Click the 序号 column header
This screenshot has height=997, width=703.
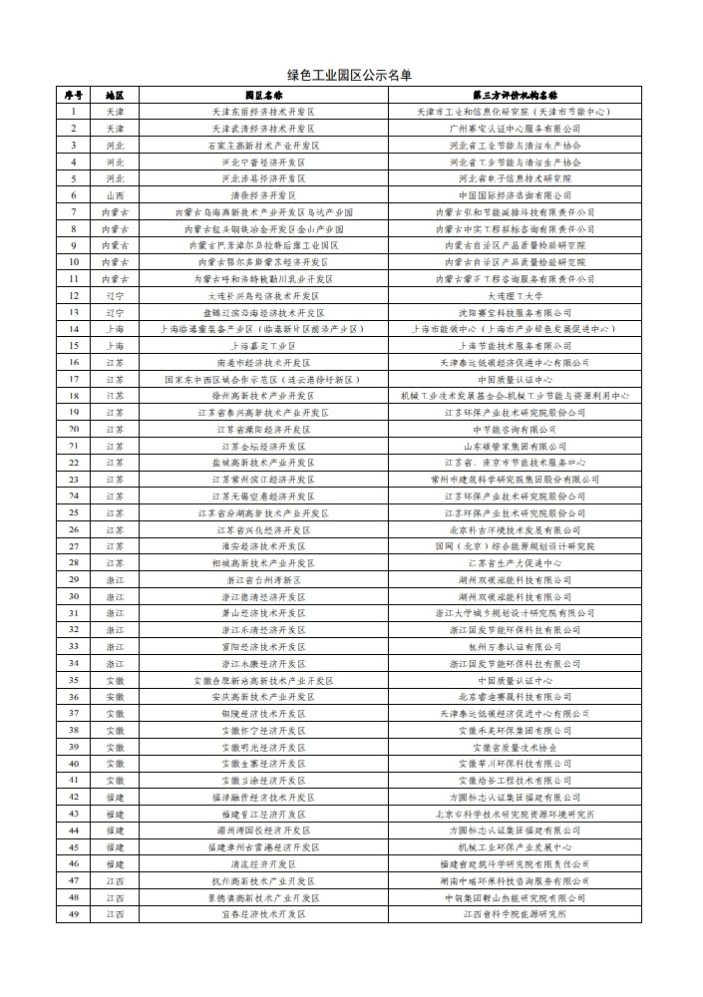point(73,95)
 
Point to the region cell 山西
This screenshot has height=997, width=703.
point(115,194)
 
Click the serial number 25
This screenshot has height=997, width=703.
point(73,512)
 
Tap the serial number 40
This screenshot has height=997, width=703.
point(73,764)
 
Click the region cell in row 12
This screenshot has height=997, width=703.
point(115,295)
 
